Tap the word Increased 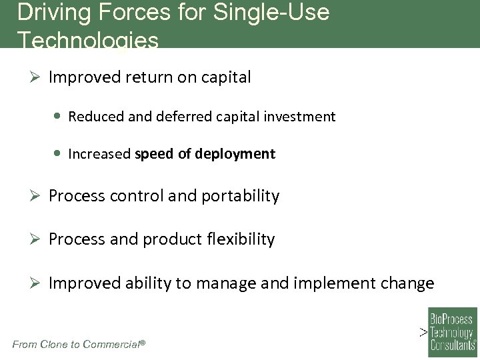99,154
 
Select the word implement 339,283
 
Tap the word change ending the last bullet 408,283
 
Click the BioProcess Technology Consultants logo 452,329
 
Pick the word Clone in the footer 55,344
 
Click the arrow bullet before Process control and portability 37,196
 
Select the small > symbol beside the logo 423,331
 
